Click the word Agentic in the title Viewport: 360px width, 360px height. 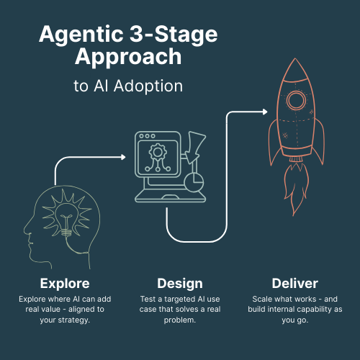(79, 35)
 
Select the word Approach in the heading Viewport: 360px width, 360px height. (127, 58)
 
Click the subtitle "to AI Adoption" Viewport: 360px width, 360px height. (127, 86)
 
